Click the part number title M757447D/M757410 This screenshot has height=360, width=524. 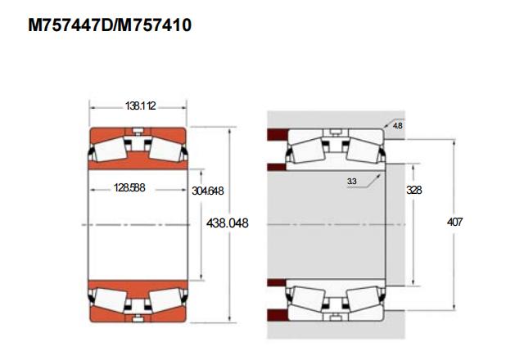coord(110,25)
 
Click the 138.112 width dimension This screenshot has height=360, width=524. coord(140,106)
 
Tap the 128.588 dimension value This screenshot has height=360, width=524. coord(129,187)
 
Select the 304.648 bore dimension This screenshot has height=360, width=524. coord(207,191)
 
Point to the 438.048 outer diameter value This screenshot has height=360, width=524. coord(228,223)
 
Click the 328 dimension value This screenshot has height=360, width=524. coord(414,190)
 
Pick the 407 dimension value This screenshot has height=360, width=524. coord(455,222)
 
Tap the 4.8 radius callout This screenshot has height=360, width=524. coord(398,126)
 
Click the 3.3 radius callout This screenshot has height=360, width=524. coord(351,182)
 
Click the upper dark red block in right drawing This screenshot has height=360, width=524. coord(277,134)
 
